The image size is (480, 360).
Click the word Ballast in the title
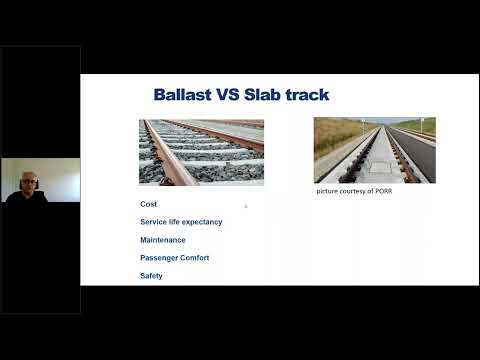coord(182,95)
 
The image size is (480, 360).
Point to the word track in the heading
coord(308,95)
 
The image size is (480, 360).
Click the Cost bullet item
coord(149,204)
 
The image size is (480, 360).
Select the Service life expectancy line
coord(181,222)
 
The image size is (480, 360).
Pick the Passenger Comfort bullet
coord(174,258)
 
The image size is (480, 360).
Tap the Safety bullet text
coord(151,276)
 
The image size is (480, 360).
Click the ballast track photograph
coord(201,152)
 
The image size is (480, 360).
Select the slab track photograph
coord(374,150)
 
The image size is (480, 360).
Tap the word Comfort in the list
coord(192,258)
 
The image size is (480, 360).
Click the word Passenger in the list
coord(157,258)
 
